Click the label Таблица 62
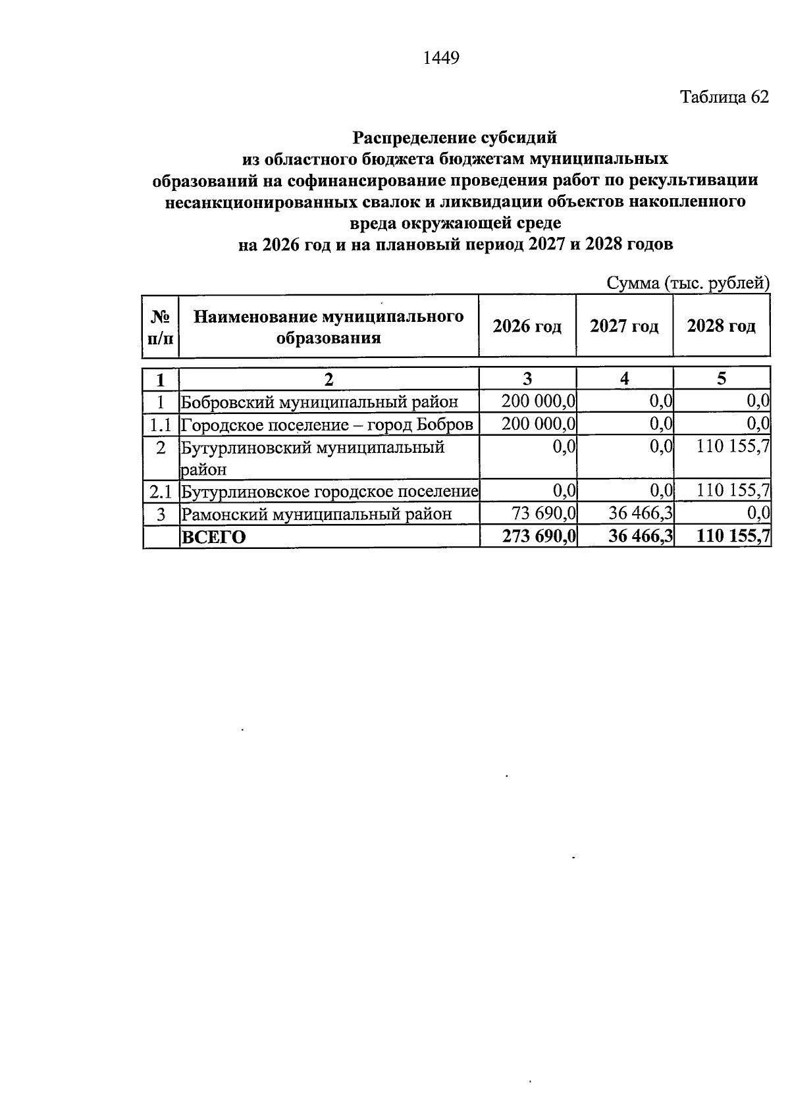724,97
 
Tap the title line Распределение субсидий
455,138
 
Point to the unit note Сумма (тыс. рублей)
688,283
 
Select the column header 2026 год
527,326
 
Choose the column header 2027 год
624,326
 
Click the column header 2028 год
722,326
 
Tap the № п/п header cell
161,327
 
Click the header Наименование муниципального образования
329,327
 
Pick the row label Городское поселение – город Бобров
327,424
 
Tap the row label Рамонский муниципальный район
317,513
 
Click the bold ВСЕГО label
213,536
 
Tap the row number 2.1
161,491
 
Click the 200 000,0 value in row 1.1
539,423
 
